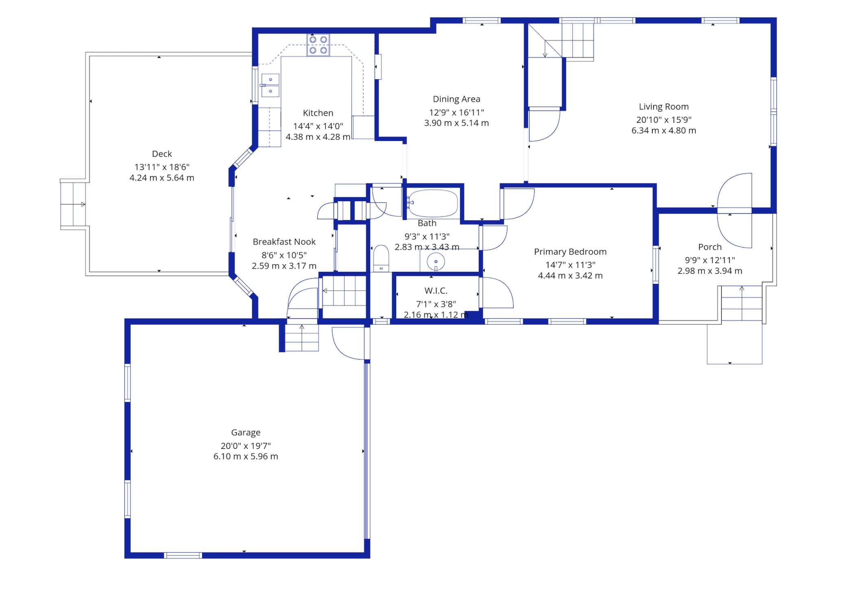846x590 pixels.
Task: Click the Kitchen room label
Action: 318,113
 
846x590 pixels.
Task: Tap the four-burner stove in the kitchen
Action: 318,45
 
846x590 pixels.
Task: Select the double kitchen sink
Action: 270,85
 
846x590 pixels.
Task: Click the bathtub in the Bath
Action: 433,203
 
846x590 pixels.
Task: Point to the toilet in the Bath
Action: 381,258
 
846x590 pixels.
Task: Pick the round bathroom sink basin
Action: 436,261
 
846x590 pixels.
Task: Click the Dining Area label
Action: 456,99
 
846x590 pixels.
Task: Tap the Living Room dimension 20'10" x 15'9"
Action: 664,120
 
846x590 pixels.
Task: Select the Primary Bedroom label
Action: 570,252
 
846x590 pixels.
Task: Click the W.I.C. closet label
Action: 436,291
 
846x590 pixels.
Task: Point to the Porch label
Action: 710,247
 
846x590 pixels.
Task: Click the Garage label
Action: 246,433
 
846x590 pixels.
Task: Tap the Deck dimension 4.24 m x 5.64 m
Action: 162,178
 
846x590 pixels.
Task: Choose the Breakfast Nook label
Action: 284,242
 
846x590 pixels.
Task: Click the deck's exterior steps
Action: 73,204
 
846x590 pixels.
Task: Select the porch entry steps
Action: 741,303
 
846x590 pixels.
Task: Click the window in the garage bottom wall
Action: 183,555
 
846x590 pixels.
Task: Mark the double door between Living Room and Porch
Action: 735,211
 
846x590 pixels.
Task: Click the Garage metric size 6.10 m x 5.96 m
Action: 246,456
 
